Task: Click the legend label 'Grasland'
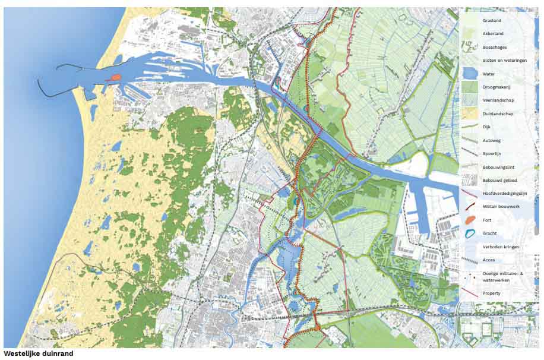pyautogui.click(x=492, y=20)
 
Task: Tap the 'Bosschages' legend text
pyautogui.click(x=494, y=47)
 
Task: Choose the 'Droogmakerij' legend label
pyautogui.click(x=496, y=87)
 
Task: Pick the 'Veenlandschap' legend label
pyautogui.click(x=498, y=100)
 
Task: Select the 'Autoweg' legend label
pyautogui.click(x=492, y=140)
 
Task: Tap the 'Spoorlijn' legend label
pyautogui.click(x=492, y=153)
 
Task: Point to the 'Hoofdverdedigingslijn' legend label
pyautogui.click(x=505, y=193)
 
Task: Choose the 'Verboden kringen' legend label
pyautogui.click(x=500, y=247)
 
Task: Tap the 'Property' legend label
pyautogui.click(x=492, y=293)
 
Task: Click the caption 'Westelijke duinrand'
pyautogui.click(x=39, y=353)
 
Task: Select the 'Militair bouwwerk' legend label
pyautogui.click(x=501, y=206)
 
